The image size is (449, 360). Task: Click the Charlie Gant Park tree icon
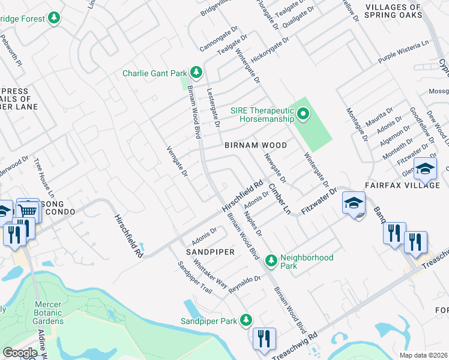pyautogui.click(x=196, y=73)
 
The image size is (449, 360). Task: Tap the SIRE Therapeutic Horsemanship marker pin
pyautogui.click(x=303, y=113)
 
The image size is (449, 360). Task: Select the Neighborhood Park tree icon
pyautogui.click(x=271, y=260)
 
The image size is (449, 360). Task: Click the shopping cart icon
pyautogui.click(x=27, y=211)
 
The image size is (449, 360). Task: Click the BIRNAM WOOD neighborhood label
pyautogui.click(x=256, y=146)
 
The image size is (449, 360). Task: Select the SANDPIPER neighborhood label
pyautogui.click(x=209, y=253)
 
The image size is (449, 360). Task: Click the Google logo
pyautogui.click(x=20, y=353)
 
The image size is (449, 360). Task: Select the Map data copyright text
pyautogui.click(x=423, y=355)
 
